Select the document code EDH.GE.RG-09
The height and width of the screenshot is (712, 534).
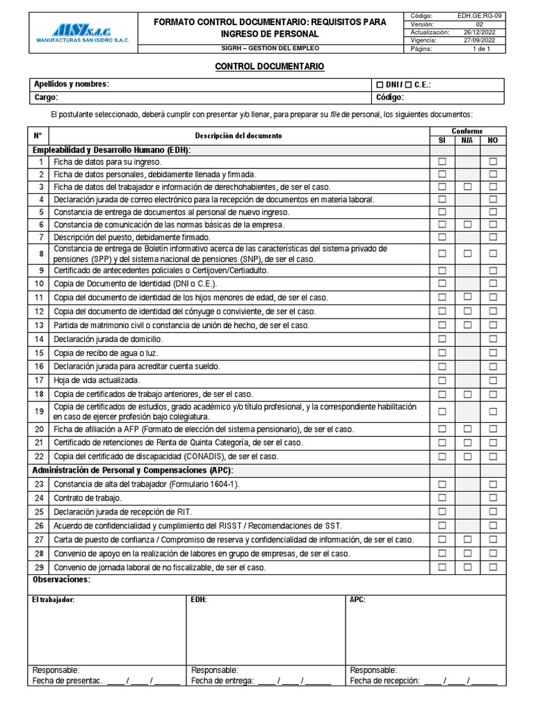pos(478,15)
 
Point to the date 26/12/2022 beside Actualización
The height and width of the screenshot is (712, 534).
pos(478,33)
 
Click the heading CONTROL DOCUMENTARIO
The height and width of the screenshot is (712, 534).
pos(269,66)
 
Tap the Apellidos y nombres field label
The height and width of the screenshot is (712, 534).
pos(72,84)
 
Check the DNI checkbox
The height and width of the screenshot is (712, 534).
pos(380,85)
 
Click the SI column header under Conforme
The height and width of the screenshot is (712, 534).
pos(442,140)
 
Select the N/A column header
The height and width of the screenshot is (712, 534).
pos(467,140)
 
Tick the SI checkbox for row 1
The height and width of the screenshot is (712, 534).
pos(442,161)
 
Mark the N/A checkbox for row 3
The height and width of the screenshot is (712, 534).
pos(467,187)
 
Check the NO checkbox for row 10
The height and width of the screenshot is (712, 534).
pos(493,284)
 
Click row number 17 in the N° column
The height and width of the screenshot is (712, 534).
pos(40,380)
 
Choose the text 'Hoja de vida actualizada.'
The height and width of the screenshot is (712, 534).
pos(97,380)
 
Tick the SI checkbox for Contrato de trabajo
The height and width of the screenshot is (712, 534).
pos(442,498)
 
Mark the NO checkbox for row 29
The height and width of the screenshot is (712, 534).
pos(493,567)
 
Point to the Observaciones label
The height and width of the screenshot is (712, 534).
pos(61,580)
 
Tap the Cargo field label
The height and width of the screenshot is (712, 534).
pos(46,97)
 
